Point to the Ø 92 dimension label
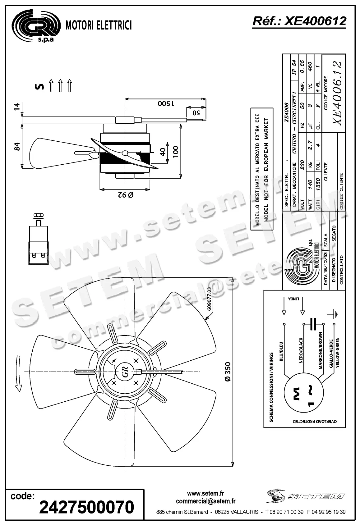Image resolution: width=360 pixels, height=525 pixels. tap(125, 195)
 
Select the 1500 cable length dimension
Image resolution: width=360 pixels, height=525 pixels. tap(166, 103)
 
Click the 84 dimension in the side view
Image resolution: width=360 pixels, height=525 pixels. tap(17, 146)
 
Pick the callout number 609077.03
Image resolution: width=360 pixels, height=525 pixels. tap(209, 299)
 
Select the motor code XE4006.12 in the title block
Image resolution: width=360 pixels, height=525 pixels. tap(338, 93)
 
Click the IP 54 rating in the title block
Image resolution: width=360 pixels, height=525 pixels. tap(294, 66)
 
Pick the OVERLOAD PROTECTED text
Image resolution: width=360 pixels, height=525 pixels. tap(315, 422)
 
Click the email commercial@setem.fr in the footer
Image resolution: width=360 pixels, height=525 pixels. tap(205, 501)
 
